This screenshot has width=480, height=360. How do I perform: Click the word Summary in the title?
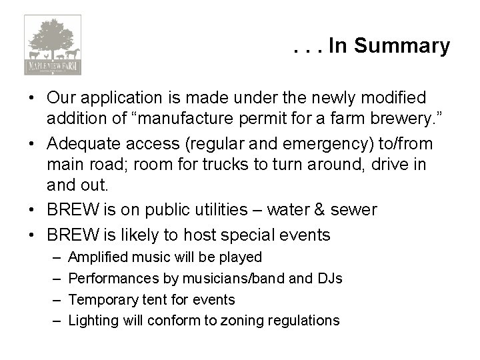[x=402, y=46]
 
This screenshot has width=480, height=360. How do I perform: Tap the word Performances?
[x=111, y=278]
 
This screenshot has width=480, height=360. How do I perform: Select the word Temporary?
[x=101, y=299]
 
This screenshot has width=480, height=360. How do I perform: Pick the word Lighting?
[x=93, y=321]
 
